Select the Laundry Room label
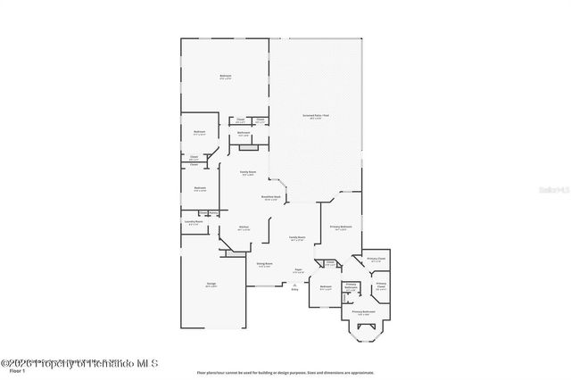point(194,221)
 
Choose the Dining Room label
point(264,265)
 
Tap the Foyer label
point(299,270)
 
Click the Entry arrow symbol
point(295,285)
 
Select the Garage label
point(211,285)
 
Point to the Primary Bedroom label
point(340,227)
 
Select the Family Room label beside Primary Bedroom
point(298,237)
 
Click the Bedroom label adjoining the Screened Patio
point(226,76)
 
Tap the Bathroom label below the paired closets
point(243,134)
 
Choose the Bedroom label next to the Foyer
point(325,286)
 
